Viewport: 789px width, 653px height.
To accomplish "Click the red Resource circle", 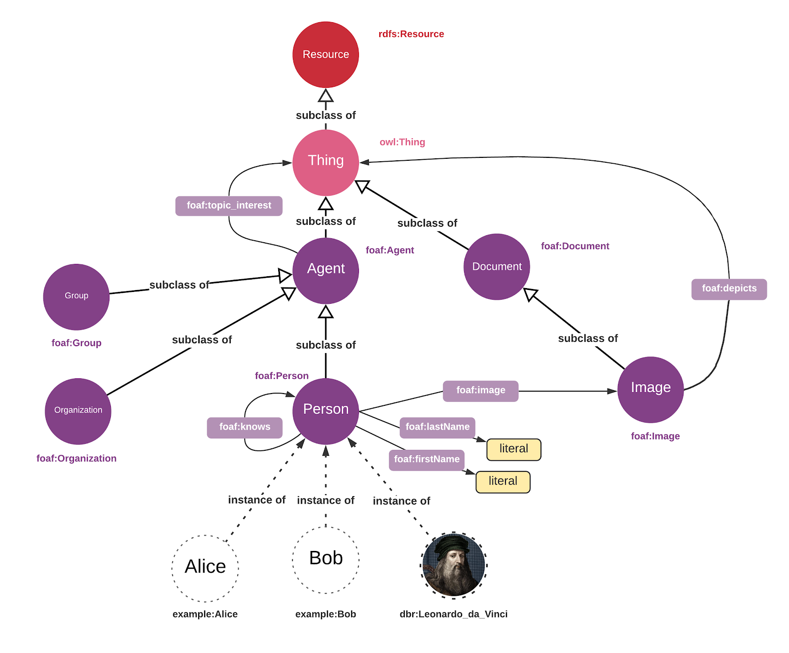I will coord(325,54).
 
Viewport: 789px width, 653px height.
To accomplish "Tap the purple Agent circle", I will coord(325,270).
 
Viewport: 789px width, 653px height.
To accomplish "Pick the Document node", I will coord(497,266).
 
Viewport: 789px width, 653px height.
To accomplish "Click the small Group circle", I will coord(76,296).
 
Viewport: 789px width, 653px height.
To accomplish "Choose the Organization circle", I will coord(78,411).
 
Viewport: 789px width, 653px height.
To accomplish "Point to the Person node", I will coord(325,411).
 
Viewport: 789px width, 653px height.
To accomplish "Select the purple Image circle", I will coord(650,389).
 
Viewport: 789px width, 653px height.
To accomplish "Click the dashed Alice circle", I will coord(205,568).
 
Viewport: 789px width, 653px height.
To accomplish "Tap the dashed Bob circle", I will coord(325,560).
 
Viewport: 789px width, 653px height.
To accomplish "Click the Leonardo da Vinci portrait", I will coord(454,565).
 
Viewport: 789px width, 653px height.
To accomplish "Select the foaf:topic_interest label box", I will coord(229,206).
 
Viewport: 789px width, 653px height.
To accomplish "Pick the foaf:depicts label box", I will coord(729,289).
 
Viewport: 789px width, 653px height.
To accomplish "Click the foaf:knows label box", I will coord(245,427).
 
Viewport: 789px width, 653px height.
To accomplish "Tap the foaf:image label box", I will coord(480,391).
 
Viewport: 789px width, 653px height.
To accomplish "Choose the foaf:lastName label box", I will coord(437,427).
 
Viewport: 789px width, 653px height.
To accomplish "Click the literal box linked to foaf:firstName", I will coord(502,481).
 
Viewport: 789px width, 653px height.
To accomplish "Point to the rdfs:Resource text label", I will coord(411,34).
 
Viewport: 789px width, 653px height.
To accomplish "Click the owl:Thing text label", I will coord(402,142).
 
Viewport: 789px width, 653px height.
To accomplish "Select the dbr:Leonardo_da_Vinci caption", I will coord(453,614).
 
